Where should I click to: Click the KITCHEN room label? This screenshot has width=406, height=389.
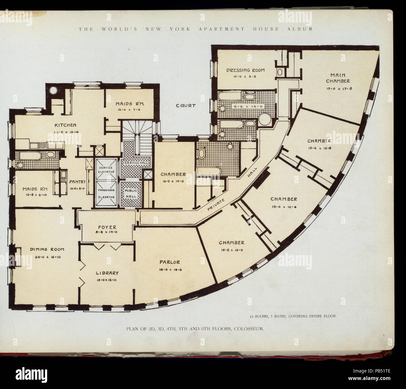[x=66, y=125]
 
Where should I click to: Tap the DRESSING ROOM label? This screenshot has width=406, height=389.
[x=245, y=70]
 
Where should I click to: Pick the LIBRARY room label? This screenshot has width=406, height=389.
[x=107, y=273]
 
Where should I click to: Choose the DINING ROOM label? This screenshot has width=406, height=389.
[x=47, y=249]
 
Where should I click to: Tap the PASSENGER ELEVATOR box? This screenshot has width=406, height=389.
[x=105, y=194]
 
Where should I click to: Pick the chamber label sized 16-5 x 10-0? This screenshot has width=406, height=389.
[x=173, y=174]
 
